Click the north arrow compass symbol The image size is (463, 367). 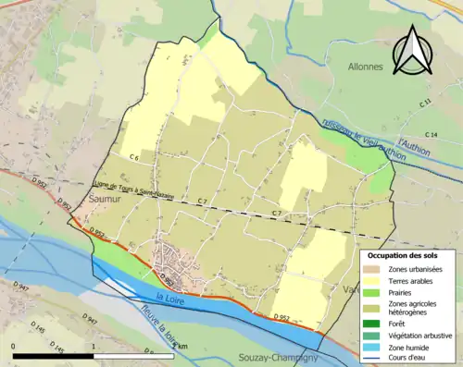(411, 50)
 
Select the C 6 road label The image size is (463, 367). (133, 158)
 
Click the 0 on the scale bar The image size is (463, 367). (14, 345)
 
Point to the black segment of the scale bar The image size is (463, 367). (53, 355)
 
